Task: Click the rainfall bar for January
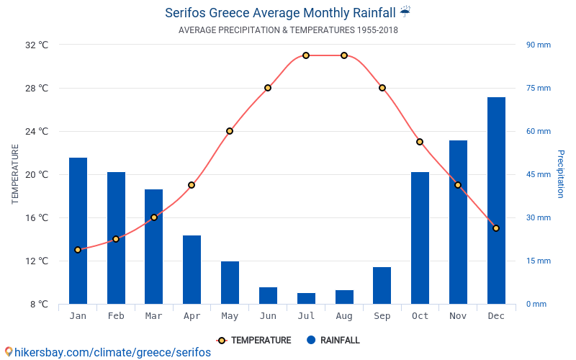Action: click(x=78, y=230)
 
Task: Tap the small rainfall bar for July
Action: click(x=306, y=298)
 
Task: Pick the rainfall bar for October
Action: click(x=420, y=238)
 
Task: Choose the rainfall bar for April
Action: click(x=192, y=269)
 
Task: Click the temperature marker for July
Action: click(x=306, y=55)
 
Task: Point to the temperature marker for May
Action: click(x=230, y=131)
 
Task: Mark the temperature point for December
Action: click(x=496, y=228)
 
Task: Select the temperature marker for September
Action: click(x=382, y=88)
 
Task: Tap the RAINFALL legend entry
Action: click(x=333, y=341)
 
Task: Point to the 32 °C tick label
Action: click(x=37, y=45)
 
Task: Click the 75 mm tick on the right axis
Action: click(x=538, y=88)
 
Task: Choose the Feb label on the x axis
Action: click(x=116, y=316)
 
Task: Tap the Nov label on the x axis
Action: click(x=458, y=316)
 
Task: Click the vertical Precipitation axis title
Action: click(x=561, y=174)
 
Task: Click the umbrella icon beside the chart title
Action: click(x=405, y=12)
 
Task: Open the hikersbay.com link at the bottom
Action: click(x=108, y=352)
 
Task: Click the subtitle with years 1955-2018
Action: click(x=288, y=30)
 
